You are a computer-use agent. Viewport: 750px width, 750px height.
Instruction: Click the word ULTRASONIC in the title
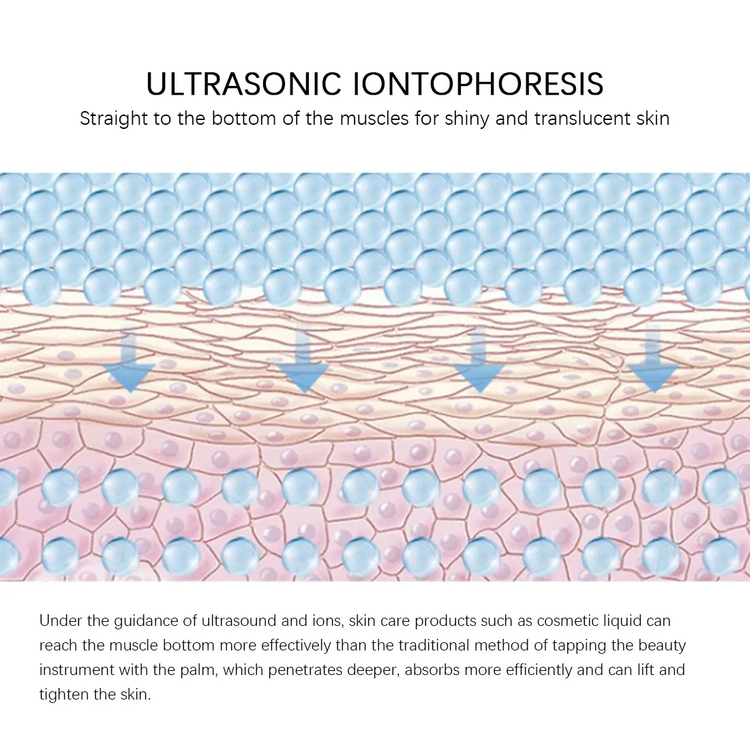click(x=243, y=83)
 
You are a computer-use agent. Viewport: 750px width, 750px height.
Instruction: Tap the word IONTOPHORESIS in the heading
click(x=479, y=83)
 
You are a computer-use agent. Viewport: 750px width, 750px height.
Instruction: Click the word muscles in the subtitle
click(x=373, y=119)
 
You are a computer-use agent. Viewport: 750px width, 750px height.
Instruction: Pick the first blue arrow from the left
click(x=129, y=361)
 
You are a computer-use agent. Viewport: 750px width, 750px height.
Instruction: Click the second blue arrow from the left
click(x=303, y=361)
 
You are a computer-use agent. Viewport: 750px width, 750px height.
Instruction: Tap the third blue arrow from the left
click(x=479, y=361)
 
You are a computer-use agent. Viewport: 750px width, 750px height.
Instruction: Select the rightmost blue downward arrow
click(x=653, y=361)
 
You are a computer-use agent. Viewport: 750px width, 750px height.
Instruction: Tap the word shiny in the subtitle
click(x=465, y=119)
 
